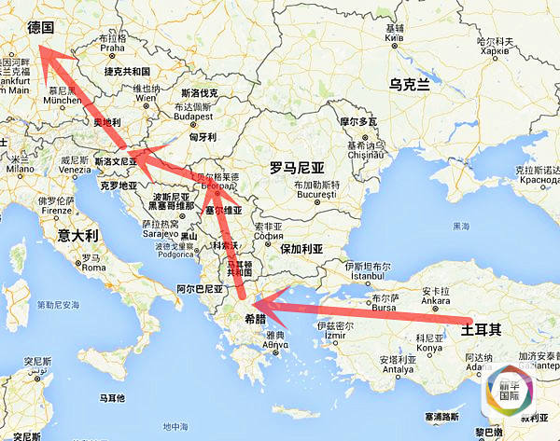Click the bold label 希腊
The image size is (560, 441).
(255, 317)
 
